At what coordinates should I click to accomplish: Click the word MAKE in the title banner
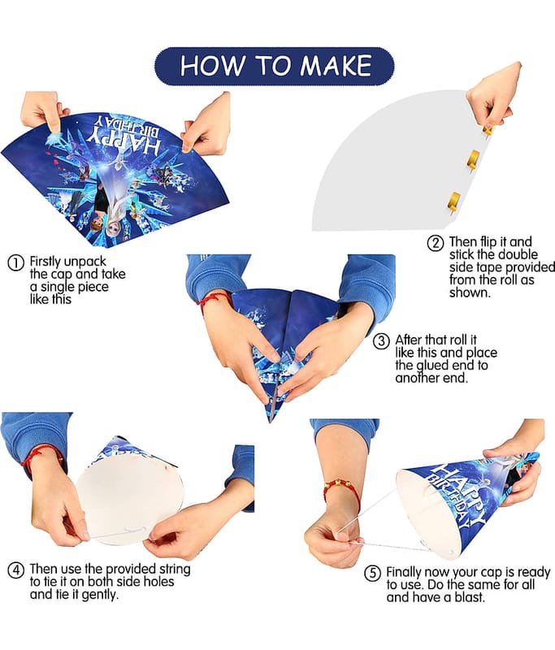coord(336,66)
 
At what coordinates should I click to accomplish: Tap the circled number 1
coord(15,263)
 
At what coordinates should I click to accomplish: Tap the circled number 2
coord(436,243)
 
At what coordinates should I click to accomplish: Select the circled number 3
coord(381,341)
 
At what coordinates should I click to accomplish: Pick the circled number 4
coord(15,570)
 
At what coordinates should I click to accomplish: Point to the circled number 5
coord(372,574)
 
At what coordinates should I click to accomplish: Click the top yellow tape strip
coord(488,129)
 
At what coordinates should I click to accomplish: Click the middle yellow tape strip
coord(474,159)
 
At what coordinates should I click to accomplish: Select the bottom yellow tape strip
coord(454,201)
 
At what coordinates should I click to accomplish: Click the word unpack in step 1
coord(85,262)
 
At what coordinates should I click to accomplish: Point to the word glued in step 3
coord(429,366)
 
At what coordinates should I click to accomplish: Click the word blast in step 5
coord(469,597)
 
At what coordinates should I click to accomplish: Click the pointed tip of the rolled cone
coord(270,422)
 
